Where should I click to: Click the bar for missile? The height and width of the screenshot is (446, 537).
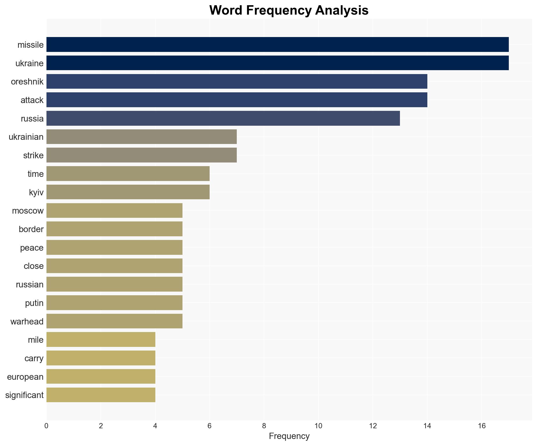tap(277, 44)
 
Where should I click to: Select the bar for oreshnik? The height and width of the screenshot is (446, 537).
tap(237, 81)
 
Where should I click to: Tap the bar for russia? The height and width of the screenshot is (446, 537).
tap(223, 118)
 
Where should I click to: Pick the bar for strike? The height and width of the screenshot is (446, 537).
tap(141, 155)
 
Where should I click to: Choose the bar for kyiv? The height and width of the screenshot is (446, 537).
tap(128, 192)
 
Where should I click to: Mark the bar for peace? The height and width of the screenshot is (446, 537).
tap(114, 247)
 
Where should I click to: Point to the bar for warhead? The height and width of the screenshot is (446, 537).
tap(114, 321)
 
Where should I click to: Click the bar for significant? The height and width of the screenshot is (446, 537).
tap(101, 395)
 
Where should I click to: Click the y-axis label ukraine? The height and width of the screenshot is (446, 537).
tap(29, 63)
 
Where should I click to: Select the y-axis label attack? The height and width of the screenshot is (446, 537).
tap(32, 100)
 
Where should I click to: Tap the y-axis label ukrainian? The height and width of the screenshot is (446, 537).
tap(26, 137)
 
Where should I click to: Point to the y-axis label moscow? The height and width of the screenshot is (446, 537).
tap(28, 211)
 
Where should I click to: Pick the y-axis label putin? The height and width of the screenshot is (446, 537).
tap(34, 303)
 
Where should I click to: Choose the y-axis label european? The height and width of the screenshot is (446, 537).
tap(25, 377)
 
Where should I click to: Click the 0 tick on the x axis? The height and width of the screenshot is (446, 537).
tap(46, 426)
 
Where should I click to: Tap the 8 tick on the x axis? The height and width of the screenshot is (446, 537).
tap(264, 426)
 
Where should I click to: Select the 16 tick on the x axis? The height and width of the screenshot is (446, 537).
tap(481, 426)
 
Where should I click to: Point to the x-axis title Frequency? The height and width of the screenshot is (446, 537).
tap(289, 436)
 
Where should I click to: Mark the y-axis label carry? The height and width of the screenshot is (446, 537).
tap(34, 358)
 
